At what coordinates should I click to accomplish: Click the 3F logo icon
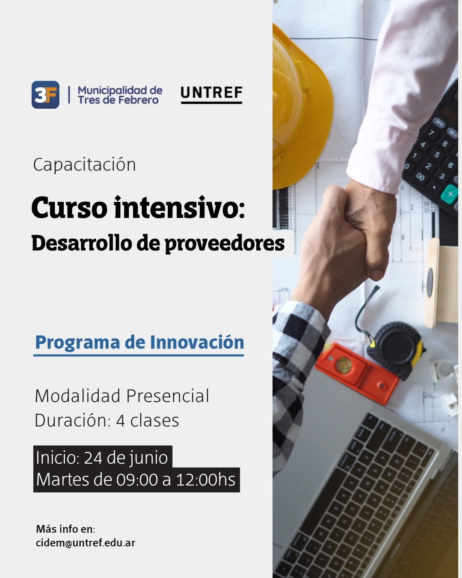tap(45, 95)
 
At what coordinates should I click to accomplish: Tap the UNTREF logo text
tap(212, 92)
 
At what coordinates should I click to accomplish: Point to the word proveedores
tap(225, 244)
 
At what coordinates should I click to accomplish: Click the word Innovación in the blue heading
tap(197, 342)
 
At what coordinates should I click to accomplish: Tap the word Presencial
tap(168, 396)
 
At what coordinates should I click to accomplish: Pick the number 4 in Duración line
tap(120, 420)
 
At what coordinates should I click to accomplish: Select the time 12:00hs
tap(205, 480)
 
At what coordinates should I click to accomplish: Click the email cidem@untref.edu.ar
tap(86, 542)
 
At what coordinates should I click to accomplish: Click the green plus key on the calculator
tap(450, 194)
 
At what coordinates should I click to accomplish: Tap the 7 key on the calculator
tap(431, 132)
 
